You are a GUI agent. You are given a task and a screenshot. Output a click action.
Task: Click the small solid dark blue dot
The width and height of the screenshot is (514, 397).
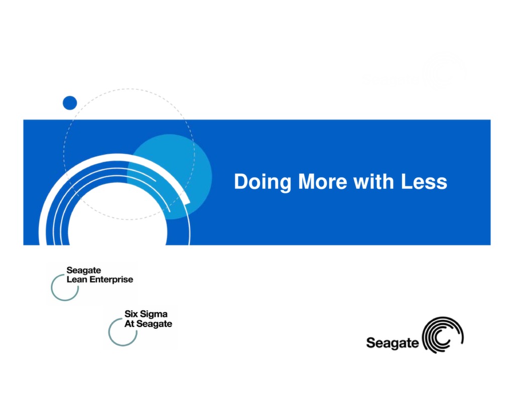click(70, 103)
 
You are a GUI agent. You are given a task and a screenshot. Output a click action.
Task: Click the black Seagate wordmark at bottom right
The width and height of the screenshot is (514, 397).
click(392, 343)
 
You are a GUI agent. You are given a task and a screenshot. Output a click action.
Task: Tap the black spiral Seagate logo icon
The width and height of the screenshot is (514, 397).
click(443, 335)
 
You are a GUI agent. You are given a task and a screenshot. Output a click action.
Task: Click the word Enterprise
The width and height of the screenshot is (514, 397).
click(111, 280)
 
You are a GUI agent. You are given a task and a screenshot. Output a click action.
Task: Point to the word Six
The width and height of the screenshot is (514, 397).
click(132, 314)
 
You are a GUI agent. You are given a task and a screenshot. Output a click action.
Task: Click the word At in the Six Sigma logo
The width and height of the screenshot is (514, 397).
click(130, 324)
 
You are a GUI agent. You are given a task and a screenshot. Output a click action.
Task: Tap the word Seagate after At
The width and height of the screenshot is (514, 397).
click(154, 324)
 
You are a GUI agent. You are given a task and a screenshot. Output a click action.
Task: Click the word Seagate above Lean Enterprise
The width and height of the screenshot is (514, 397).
click(84, 271)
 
